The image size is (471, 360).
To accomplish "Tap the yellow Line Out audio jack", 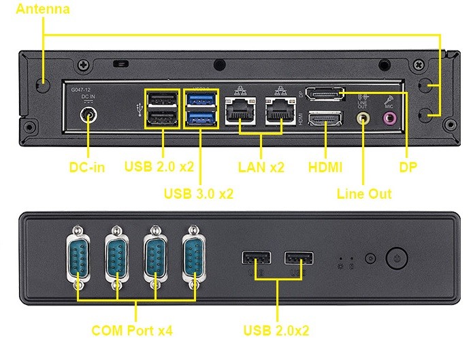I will (x=363, y=118).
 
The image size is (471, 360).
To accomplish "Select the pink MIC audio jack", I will (x=389, y=118).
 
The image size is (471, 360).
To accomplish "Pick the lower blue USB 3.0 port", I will (x=200, y=118).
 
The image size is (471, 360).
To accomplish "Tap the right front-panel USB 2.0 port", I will (x=298, y=259).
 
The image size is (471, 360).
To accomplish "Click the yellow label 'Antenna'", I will (x=42, y=10).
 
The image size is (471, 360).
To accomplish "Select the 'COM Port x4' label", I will (x=131, y=331).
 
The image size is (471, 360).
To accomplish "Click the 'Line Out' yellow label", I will (x=364, y=194).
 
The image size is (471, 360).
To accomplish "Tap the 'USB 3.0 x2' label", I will (x=199, y=193).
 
